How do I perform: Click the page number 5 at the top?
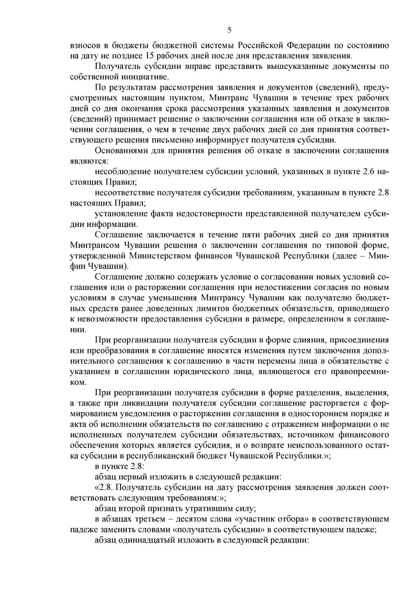click(x=229, y=30)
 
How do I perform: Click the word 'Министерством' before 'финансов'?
click(x=168, y=256)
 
